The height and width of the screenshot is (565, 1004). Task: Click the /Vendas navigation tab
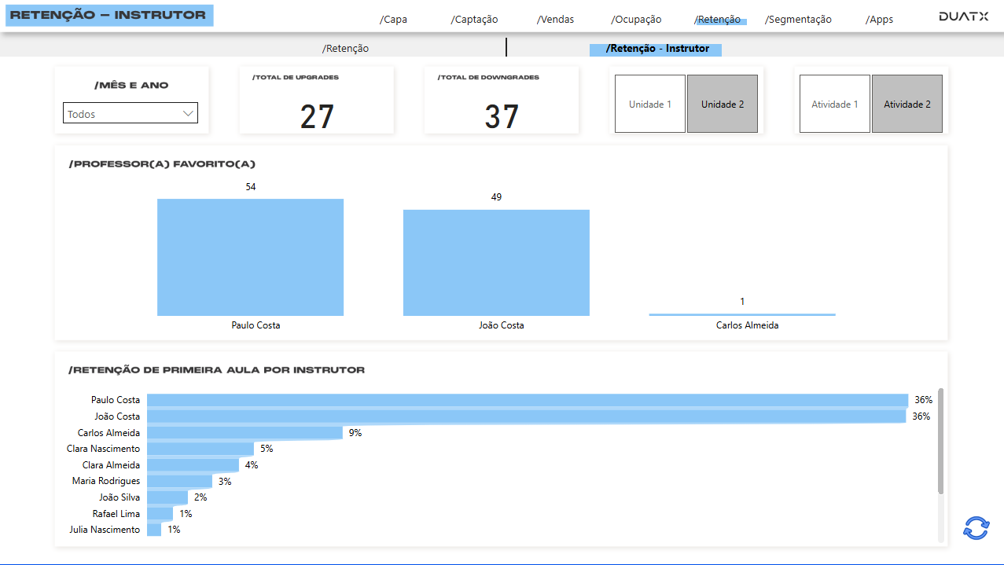click(x=555, y=20)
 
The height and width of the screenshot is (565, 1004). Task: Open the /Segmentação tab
click(x=798, y=20)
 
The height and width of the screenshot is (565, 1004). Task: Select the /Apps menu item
click(x=879, y=20)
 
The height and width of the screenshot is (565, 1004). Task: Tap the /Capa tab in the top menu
click(x=393, y=20)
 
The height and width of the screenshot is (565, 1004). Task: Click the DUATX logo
click(x=963, y=17)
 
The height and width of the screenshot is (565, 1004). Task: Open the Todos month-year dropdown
click(x=131, y=114)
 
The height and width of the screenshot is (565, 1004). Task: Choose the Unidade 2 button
click(x=723, y=104)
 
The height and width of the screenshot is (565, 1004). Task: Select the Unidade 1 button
click(x=650, y=104)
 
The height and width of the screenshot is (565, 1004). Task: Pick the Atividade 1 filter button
click(x=835, y=104)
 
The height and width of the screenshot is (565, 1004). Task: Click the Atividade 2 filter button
click(x=907, y=104)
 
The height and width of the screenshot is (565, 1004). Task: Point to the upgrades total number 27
click(x=317, y=117)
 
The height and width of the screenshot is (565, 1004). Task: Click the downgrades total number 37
click(x=502, y=117)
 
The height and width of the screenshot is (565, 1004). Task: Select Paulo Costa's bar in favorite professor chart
click(x=250, y=257)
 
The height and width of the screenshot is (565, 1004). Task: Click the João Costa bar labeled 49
click(x=496, y=262)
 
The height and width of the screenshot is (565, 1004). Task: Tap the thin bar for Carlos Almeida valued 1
click(x=741, y=314)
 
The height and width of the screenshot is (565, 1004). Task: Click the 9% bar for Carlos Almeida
click(x=245, y=433)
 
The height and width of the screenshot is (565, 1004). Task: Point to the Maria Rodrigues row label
click(x=106, y=481)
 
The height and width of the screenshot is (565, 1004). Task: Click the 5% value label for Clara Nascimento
click(x=267, y=449)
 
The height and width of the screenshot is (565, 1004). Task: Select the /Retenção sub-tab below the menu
click(x=345, y=49)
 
